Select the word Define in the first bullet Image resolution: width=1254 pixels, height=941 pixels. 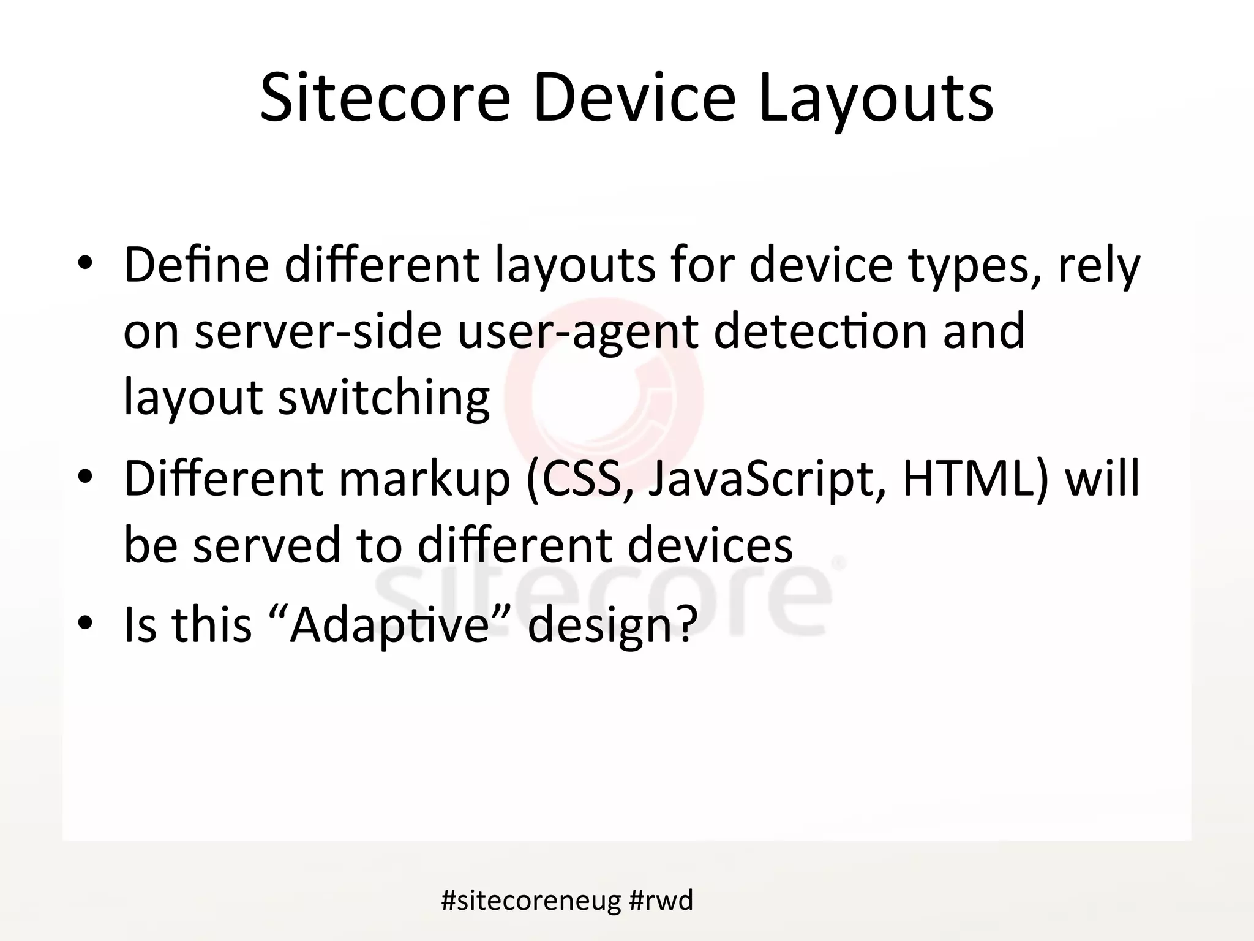[x=197, y=265]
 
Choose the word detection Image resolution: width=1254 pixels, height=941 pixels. [x=820, y=331]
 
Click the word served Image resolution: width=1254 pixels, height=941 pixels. [x=267, y=545]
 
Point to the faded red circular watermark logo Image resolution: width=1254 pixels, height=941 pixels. [x=605, y=395]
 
